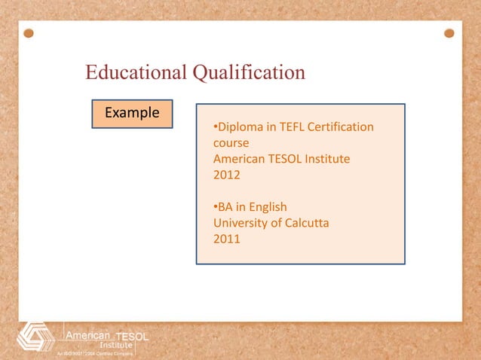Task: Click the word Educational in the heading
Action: pos(136,73)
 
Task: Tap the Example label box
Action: pos(132,114)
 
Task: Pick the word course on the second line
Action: pos(231,142)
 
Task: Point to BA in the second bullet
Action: pos(226,206)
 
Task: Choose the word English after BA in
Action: pos(266,206)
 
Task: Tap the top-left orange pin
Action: pos(29,34)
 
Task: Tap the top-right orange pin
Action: pos(449,34)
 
